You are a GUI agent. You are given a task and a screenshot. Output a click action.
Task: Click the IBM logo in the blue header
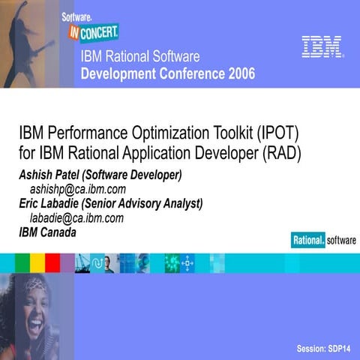click(x=322, y=46)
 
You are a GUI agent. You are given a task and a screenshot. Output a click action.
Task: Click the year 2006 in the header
click(x=237, y=74)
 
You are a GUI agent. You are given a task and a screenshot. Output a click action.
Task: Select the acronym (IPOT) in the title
click(x=276, y=135)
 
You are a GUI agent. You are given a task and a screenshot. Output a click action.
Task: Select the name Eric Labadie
click(x=52, y=204)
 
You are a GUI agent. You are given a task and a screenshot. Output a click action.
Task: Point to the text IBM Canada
click(x=47, y=232)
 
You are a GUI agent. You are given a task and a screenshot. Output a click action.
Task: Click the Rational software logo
click(x=323, y=240)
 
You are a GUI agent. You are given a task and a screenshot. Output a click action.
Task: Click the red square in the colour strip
click(x=52, y=262)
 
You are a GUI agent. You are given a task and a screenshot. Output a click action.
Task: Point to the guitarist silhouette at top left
click(x=30, y=45)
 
